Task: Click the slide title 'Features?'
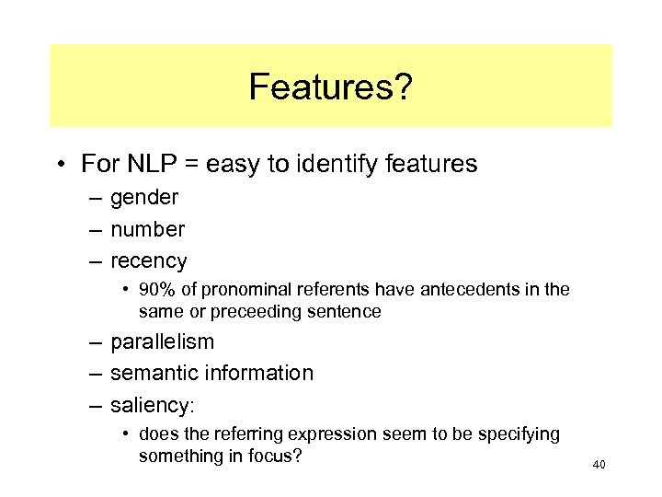coord(330,87)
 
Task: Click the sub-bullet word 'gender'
coord(144,198)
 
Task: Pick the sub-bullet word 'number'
coord(147,229)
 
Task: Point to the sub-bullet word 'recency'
coord(148,261)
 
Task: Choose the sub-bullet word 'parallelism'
coord(162,341)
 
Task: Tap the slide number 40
coord(599,466)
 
